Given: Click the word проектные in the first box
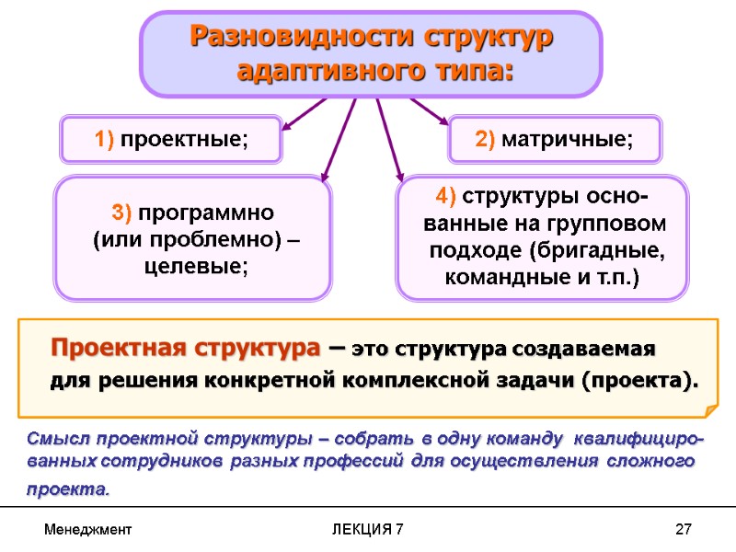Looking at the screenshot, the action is (x=184, y=140).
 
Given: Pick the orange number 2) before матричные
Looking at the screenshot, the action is (x=486, y=140).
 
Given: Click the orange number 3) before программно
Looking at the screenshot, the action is (x=123, y=213).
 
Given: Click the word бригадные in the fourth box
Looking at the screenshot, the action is (x=609, y=251).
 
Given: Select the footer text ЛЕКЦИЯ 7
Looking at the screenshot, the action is (x=367, y=531).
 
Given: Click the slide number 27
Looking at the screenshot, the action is (x=682, y=531).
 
